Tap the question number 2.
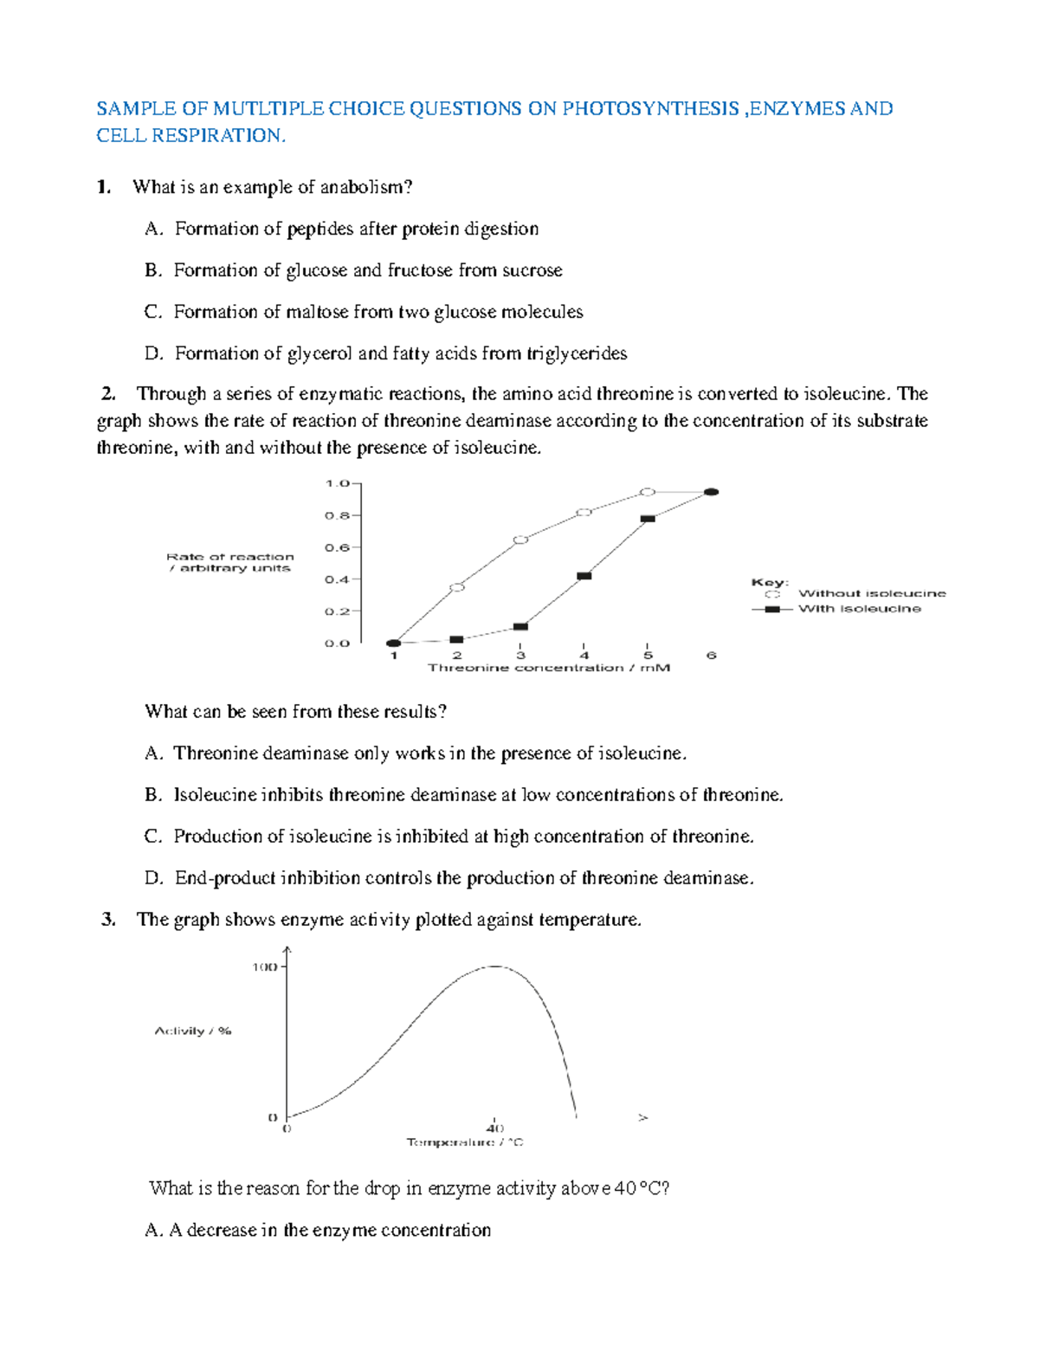coord(108,394)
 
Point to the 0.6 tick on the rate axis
coord(338,547)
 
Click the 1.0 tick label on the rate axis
coord(338,483)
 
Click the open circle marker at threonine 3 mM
coord(520,540)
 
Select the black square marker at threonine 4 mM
coord(584,575)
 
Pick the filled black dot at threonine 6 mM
coord(711,492)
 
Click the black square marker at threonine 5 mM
coord(648,518)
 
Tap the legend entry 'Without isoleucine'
coord(871,593)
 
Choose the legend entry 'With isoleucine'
coord(859,609)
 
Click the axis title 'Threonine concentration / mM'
coord(549,668)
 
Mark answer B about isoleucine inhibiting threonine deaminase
coord(478,795)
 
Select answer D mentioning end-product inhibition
coord(463,878)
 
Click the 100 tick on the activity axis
coord(264,967)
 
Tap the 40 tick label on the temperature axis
coord(494,1128)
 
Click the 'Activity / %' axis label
coord(193,1031)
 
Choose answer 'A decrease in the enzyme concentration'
coord(330,1230)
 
